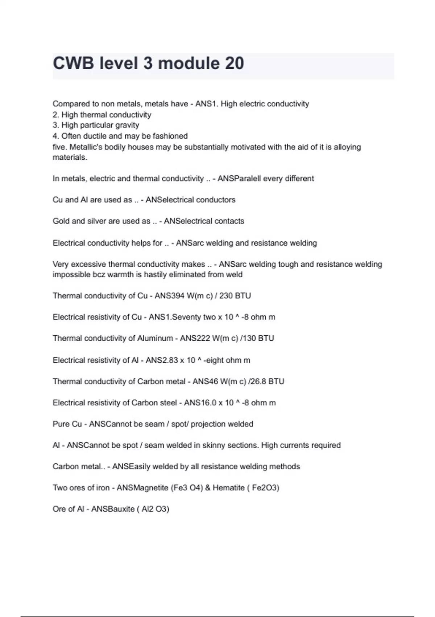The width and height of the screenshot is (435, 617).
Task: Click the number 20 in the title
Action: coord(234,63)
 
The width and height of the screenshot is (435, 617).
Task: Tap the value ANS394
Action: coord(169,296)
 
